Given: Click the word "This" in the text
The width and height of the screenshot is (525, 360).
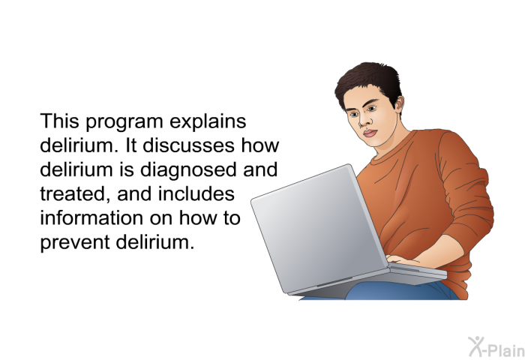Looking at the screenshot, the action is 59,121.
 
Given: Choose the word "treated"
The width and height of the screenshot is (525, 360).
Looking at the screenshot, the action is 75,194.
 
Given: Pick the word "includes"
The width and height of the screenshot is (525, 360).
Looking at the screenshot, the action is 196,193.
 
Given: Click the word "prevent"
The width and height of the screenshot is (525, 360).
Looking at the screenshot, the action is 75,243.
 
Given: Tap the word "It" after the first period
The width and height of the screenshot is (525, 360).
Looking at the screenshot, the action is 130,145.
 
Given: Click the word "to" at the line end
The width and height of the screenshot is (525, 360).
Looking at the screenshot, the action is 232,218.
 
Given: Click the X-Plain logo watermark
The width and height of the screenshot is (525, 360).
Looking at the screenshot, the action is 496,346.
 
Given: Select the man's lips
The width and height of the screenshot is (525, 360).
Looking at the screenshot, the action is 370,133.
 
